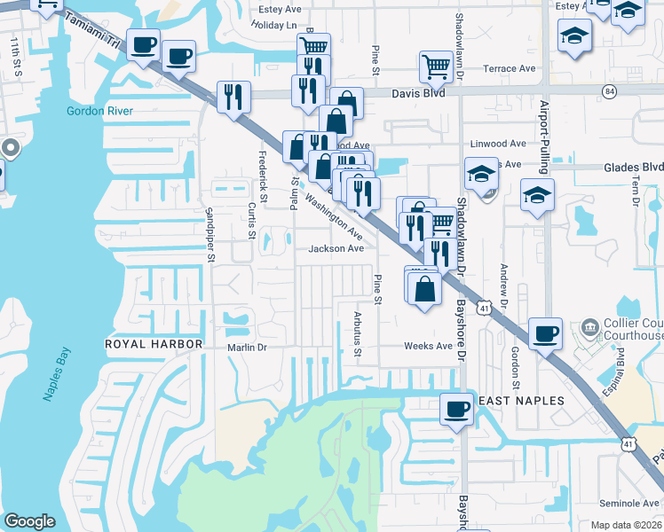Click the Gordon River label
coord(99,111)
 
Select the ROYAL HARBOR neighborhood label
coord(154,343)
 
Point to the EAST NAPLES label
coord(521,401)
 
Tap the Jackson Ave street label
coord(336,249)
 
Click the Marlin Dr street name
coord(247,348)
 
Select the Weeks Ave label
coord(428,346)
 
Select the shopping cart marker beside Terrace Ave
coord(436,66)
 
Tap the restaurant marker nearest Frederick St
coord(233,97)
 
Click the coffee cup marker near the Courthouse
coord(546,334)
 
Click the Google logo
coord(30,521)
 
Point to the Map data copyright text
coord(625,525)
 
